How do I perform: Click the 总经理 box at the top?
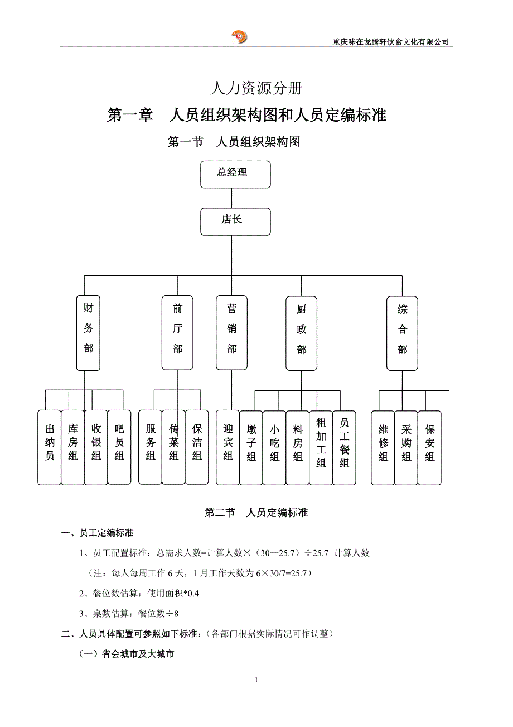tap(235, 174)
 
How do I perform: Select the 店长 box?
tap(235, 221)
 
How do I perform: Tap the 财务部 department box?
tap(88, 333)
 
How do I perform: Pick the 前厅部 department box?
tap(177, 333)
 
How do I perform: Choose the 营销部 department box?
tap(231, 333)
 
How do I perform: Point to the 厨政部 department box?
tap(302, 333)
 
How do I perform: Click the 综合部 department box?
tap(402, 333)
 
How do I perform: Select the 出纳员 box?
tap(50, 447)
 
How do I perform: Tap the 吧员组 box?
tap(119, 447)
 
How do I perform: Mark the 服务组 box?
tap(151, 447)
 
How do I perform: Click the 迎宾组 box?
tap(228, 447)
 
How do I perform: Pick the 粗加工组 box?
tap(321, 447)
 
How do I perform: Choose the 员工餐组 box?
tap(344, 447)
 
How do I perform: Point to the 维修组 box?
tap(383, 447)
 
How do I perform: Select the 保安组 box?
tap(429, 447)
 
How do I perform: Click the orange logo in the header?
tap(240, 37)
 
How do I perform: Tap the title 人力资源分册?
tap(257, 88)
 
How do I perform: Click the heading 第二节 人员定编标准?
tap(256, 512)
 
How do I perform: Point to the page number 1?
tap(256, 680)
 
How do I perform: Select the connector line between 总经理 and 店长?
tap(232, 198)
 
